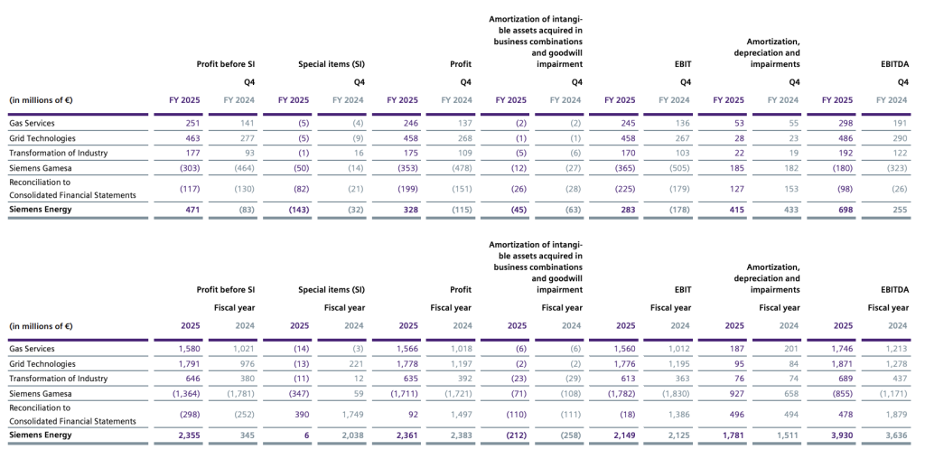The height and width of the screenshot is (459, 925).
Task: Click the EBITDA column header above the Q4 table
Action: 893,64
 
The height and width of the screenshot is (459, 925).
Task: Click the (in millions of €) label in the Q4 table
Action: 41,99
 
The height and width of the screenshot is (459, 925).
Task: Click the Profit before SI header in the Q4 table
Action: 225,64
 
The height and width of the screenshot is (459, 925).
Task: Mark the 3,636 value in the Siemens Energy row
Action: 895,436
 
